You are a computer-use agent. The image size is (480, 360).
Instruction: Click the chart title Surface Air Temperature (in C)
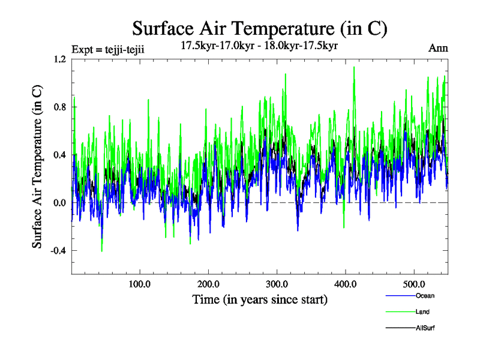260,28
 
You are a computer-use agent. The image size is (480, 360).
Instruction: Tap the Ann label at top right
438,48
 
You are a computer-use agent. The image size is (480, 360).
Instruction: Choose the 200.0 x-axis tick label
208,284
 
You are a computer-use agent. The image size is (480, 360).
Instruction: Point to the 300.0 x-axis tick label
277,284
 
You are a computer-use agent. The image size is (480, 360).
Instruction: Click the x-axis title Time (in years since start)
259,299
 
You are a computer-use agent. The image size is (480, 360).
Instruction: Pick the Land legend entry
422,312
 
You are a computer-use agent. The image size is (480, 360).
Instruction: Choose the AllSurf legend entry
425,328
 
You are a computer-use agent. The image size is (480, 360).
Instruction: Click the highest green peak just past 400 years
354,67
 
